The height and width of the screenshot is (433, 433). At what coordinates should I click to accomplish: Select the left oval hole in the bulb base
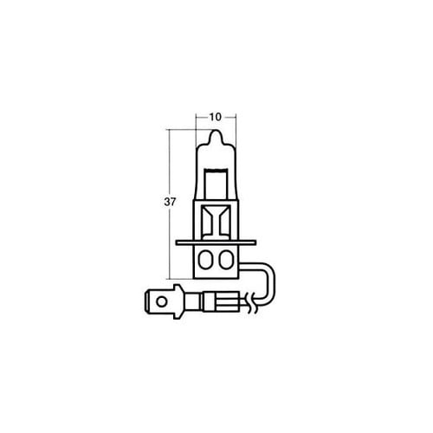206,260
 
